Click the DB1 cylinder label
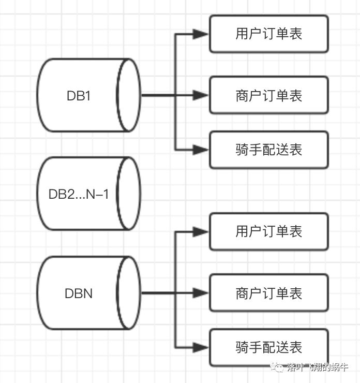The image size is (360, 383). tap(79, 96)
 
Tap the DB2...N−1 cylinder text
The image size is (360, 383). tap(79, 195)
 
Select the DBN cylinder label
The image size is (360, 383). tap(79, 293)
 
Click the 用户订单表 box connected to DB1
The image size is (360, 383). tap(268, 34)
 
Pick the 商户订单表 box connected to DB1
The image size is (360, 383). tap(268, 95)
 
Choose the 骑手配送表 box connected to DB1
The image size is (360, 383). tap(268, 150)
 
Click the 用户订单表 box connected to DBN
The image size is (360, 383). tap(268, 231)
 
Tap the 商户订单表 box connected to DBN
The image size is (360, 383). tap(268, 293)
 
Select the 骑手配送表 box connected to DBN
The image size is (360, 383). tap(268, 347)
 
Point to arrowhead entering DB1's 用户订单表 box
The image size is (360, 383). tap(201, 34)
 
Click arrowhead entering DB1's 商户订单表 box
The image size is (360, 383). tap(201, 95)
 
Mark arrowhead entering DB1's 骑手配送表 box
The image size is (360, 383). tap(201, 150)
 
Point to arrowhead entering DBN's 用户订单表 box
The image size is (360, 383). tap(201, 232)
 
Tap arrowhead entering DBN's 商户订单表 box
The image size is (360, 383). tap(201, 293)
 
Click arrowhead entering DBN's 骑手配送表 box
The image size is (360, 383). tap(201, 347)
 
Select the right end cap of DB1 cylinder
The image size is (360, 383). tap(129, 95)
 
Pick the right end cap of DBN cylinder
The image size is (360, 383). tap(129, 293)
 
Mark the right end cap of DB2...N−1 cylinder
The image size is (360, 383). tap(129, 194)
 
